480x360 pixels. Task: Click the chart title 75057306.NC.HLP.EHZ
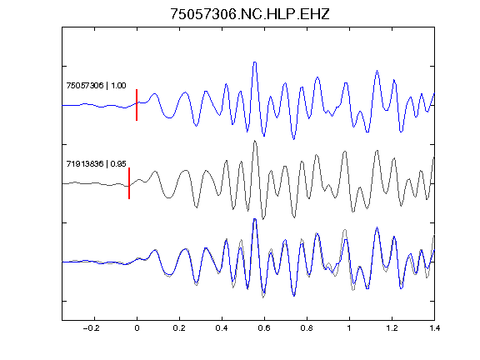pyautogui.click(x=250, y=14)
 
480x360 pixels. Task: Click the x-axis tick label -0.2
pyautogui.click(x=91, y=328)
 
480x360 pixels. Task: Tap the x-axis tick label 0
pyautogui.click(x=137, y=328)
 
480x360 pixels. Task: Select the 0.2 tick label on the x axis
pyautogui.click(x=179, y=328)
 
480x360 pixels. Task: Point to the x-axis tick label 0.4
pyautogui.click(x=222, y=328)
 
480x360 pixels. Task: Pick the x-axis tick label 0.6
pyautogui.click(x=264, y=328)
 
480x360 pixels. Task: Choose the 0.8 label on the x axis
pyautogui.click(x=307, y=328)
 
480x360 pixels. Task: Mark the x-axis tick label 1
pyautogui.click(x=349, y=328)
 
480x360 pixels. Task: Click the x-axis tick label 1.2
pyautogui.click(x=392, y=328)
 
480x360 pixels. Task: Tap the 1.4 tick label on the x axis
pyautogui.click(x=434, y=328)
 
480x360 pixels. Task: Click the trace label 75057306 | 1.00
pyautogui.click(x=96, y=85)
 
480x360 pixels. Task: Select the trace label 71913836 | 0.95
pyautogui.click(x=96, y=164)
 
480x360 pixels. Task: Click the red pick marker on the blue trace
pyautogui.click(x=137, y=105)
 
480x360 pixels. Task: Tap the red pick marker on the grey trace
pyautogui.click(x=129, y=183)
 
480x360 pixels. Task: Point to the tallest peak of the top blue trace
pyautogui.click(x=255, y=62)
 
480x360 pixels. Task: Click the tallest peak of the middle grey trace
pyautogui.click(x=255, y=141)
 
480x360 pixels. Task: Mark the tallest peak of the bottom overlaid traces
pyautogui.click(x=255, y=219)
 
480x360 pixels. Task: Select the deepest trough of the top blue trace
pyautogui.click(x=294, y=139)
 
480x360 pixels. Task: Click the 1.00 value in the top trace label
pyautogui.click(x=118, y=85)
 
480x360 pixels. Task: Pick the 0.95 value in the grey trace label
pyautogui.click(x=118, y=164)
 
